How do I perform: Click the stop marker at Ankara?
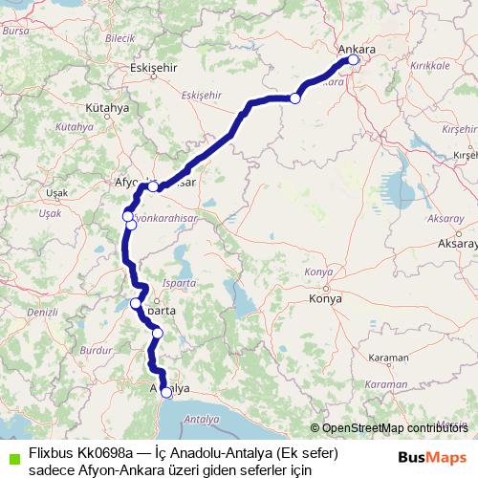tap(353, 60)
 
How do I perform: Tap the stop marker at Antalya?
tap(166, 392)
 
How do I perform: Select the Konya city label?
tap(325, 299)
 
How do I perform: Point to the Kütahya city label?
tap(106, 108)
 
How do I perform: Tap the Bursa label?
tap(16, 31)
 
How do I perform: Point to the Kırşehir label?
tap(466, 154)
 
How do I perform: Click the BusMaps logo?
tap(432, 458)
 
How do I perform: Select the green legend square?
tap(12, 459)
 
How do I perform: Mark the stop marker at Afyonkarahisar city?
tap(153, 186)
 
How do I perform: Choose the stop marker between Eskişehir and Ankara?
tap(295, 98)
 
